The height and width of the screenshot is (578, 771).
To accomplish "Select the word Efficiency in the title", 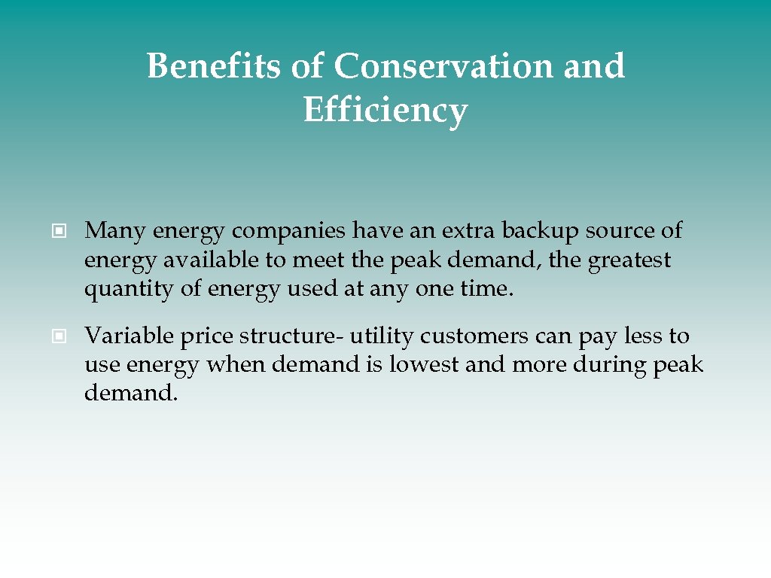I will click(x=385, y=111).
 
